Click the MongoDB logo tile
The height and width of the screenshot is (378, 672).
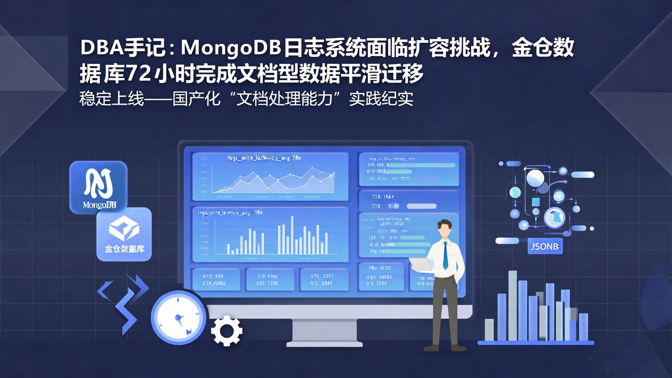pos(98,187)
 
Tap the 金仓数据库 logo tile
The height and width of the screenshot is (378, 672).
pos(124,234)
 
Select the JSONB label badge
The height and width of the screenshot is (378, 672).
pos(545,246)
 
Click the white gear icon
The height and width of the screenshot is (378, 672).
pos(227,331)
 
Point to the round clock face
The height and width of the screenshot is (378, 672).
pos(178,318)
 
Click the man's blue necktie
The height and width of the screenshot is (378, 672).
pos(445,256)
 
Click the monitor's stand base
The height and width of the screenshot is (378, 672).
pos(324,343)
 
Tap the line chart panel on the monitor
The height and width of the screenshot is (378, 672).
pos(270,176)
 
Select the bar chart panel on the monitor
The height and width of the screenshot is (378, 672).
pos(270,234)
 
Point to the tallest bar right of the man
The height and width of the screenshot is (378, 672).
pos(512,305)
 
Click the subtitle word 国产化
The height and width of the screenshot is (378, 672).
pos(196,99)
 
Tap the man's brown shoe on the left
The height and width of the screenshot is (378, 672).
pos(431,348)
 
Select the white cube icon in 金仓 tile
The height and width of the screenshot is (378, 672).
pos(124,227)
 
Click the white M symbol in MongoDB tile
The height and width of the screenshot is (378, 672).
pos(98,182)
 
